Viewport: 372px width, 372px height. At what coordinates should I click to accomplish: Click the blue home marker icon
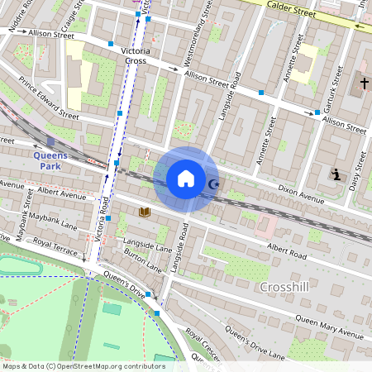pyautogui.click(x=186, y=178)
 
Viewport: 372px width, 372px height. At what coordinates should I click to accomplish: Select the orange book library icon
pyautogui.click(x=145, y=212)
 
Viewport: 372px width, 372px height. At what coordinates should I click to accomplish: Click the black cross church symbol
pyautogui.click(x=365, y=83)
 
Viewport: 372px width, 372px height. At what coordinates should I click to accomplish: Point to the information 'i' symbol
pyautogui.click(x=336, y=174)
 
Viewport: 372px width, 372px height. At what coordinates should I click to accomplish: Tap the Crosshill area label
pyautogui.click(x=284, y=287)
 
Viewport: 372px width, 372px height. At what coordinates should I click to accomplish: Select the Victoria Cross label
pyautogui.click(x=134, y=55)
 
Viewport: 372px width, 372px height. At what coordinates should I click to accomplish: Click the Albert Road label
pyautogui.click(x=287, y=251)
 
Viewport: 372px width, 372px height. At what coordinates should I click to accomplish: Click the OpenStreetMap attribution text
pyautogui.click(x=83, y=365)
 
